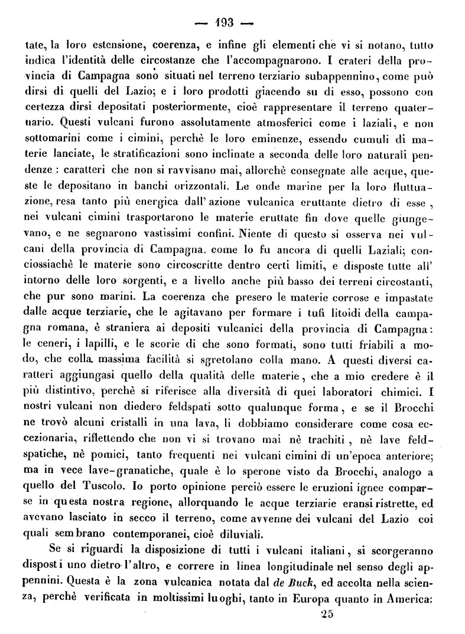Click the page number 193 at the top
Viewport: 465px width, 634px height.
tap(225, 23)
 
